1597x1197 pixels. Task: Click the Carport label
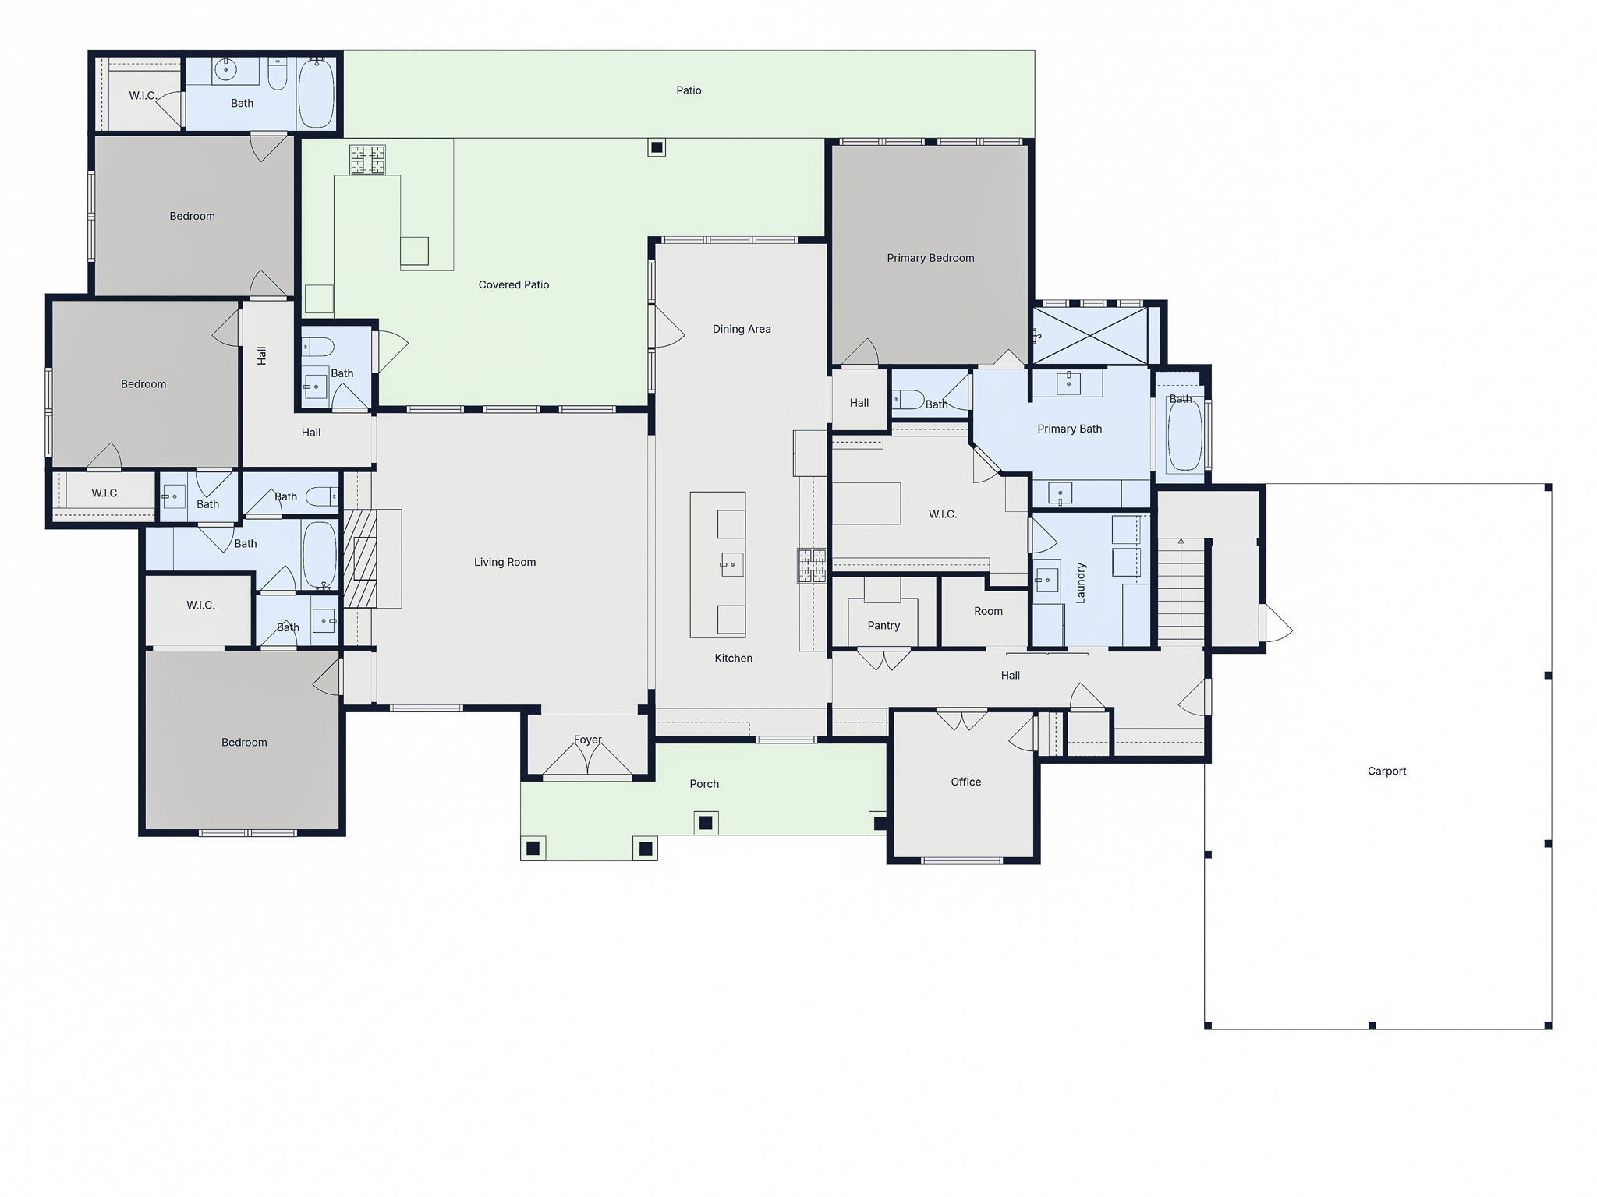pos(1386,771)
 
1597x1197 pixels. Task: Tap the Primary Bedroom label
pos(930,258)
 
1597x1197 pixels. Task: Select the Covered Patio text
pos(513,284)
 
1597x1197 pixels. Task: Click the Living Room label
pos(505,562)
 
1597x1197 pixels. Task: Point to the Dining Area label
pos(741,329)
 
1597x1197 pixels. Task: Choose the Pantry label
pos(883,625)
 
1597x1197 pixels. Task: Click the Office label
pos(965,782)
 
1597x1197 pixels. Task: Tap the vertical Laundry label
pos(1081,583)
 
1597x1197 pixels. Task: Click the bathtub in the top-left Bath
pos(317,93)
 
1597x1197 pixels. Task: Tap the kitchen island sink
pos(731,564)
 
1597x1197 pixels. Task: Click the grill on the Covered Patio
pos(366,160)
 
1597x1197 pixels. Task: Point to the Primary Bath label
pos(1069,429)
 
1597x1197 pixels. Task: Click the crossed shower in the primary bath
pos(1090,336)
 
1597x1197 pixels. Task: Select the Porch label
pos(703,784)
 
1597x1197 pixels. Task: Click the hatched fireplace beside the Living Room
pos(360,558)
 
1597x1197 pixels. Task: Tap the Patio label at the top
pos(688,90)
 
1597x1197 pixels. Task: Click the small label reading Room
pos(988,611)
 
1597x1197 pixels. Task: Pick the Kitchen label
pos(733,658)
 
